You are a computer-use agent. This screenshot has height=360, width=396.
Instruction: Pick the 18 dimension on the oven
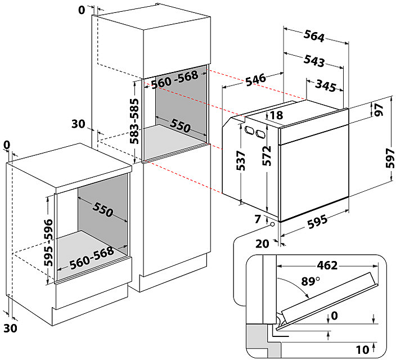[276, 115]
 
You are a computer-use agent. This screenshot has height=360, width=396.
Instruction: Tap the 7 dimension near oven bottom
[258, 219]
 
